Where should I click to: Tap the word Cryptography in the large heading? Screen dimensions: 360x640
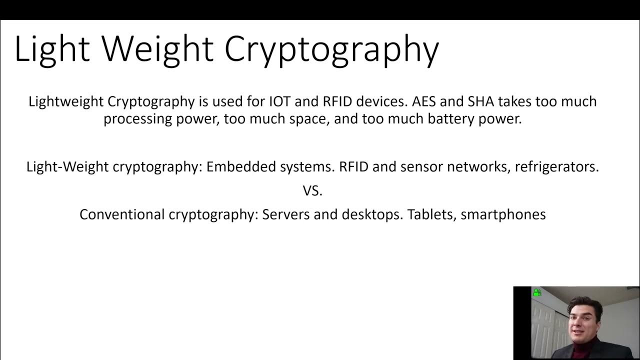coord(331,49)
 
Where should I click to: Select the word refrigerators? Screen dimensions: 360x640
coord(556,166)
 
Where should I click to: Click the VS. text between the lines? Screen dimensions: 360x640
coord(312,190)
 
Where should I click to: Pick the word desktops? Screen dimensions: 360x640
coord(372,214)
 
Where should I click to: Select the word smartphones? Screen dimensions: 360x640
coord(503,214)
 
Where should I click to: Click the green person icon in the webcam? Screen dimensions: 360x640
coord(537,292)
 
